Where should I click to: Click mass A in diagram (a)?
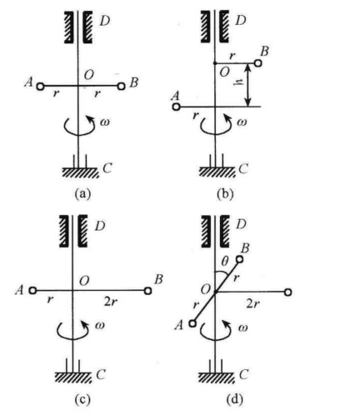tap(40, 87)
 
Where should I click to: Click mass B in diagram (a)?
tap(121, 86)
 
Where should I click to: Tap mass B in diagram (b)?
tap(257, 63)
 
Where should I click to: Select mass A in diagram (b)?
tap(176, 107)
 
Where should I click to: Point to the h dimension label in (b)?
tap(241, 82)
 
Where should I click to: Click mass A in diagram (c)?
tap(32, 291)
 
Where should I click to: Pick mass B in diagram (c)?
tap(147, 291)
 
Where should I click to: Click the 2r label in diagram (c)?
tap(110, 302)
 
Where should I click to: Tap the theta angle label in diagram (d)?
tap(225, 261)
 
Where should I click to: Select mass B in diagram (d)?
tap(239, 259)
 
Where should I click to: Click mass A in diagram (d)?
tap(192, 323)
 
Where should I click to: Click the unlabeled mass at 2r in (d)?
tap(287, 292)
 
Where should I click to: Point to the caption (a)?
tap(82, 194)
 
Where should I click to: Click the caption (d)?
tap(235, 400)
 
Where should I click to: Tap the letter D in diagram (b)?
tap(241, 20)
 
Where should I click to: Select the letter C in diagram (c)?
tap(101, 375)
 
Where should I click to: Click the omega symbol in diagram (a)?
tap(104, 122)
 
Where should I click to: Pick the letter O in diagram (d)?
tap(206, 290)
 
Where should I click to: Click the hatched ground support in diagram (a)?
tap(80, 172)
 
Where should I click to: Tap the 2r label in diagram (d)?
tap(252, 304)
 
